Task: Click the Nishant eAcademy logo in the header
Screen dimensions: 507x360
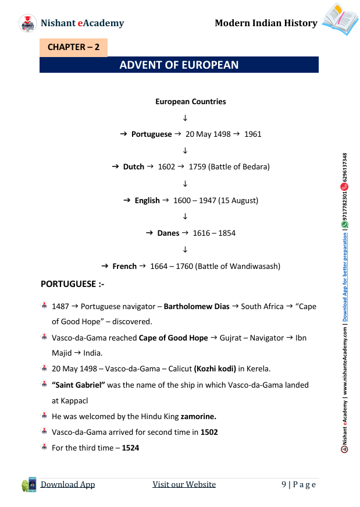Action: pos(27,23)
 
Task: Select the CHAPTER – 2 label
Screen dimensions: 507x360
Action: pos(73,47)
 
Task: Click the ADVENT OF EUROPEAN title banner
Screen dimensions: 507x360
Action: pos(179,65)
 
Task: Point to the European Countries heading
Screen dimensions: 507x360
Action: pos(190,101)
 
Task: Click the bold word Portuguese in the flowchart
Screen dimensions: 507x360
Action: pos(151,134)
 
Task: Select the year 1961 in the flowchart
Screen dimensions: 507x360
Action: pos(252,134)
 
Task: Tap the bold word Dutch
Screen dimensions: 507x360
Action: pos(133,166)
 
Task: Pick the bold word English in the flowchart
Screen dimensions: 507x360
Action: pos(147,200)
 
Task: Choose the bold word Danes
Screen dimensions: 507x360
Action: pos(168,233)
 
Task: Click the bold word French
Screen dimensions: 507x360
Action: pos(124,266)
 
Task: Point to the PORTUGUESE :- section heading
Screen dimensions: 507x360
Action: pos(72,284)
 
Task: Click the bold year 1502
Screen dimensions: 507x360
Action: pos(209,432)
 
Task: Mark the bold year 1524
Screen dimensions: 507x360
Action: pos(130,448)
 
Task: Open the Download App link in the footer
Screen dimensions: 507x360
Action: pos(67,484)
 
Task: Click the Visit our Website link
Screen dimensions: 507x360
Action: pos(184,484)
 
